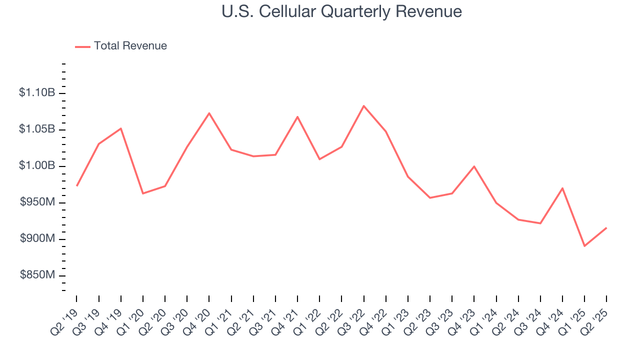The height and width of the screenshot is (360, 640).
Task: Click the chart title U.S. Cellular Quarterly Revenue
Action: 341,11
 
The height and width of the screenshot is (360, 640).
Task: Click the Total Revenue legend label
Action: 130,46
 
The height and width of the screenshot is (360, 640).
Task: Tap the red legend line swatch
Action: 82,46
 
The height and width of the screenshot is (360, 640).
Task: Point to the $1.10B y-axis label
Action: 37,92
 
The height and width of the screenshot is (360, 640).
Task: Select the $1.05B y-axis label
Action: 37,129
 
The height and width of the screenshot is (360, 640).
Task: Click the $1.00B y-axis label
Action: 37,165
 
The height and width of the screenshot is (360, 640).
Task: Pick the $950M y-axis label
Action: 37,202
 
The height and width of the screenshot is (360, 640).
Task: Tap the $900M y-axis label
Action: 37,238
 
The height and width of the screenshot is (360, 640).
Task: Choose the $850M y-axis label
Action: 37,275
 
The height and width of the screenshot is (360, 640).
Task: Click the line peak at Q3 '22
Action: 363,105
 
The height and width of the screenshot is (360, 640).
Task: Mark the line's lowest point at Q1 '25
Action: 584,246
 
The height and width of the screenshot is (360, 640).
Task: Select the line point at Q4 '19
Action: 121,128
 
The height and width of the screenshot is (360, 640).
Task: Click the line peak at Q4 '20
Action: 209,113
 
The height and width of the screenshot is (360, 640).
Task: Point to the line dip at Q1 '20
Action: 143,193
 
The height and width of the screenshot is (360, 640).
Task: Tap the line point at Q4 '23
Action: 474,166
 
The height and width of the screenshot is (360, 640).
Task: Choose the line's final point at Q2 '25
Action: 606,228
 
